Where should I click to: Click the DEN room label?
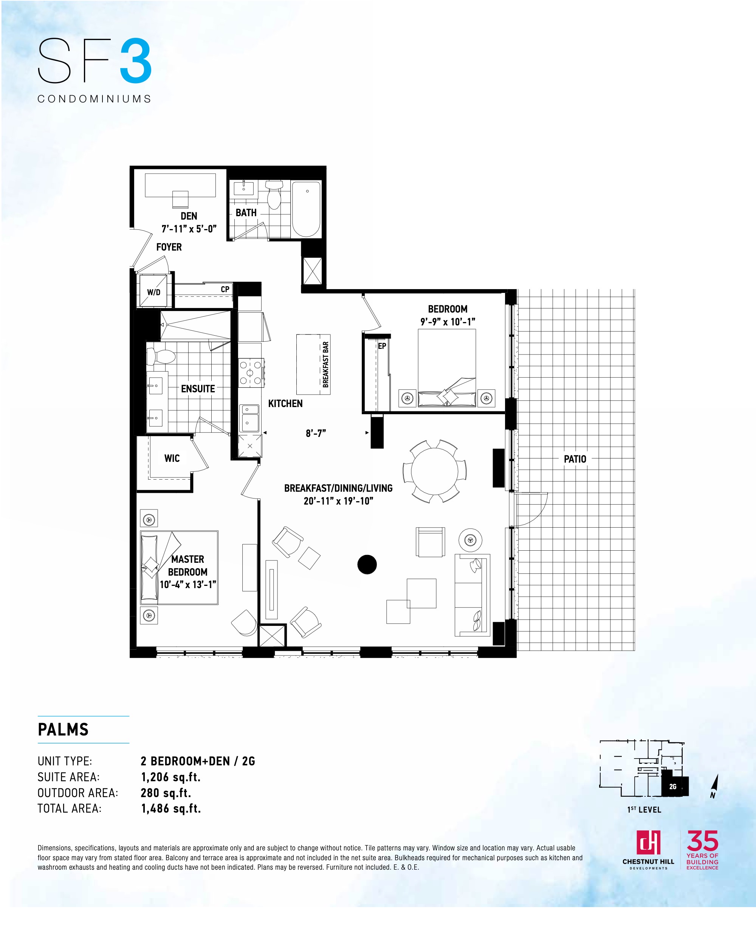click(189, 216)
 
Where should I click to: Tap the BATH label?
click(246, 213)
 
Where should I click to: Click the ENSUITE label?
click(198, 389)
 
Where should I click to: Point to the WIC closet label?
click(172, 458)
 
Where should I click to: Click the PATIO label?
click(575, 459)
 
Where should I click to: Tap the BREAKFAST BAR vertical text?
click(325, 365)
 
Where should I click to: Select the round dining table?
click(434, 471)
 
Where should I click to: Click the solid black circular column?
click(367, 565)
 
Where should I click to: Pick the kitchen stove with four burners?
click(251, 373)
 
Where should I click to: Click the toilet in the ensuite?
click(160, 356)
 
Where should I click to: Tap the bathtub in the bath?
click(306, 209)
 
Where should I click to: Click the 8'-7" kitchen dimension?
click(316, 433)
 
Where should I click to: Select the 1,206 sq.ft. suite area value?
click(171, 777)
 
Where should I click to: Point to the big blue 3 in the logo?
click(136, 61)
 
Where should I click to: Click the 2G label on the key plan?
click(673, 787)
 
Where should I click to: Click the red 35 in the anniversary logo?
click(702, 841)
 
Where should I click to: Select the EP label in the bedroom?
click(382, 346)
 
